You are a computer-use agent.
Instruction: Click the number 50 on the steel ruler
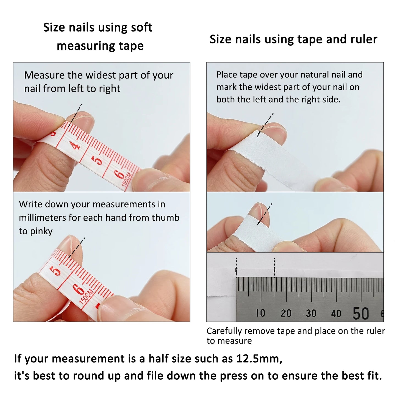[x=361, y=313]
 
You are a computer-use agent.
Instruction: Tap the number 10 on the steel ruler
[x=260, y=313]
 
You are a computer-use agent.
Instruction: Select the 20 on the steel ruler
[x=286, y=313]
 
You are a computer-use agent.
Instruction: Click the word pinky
[x=41, y=231]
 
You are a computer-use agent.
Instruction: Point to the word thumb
[x=165, y=218]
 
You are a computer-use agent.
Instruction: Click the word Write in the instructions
[x=30, y=204]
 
